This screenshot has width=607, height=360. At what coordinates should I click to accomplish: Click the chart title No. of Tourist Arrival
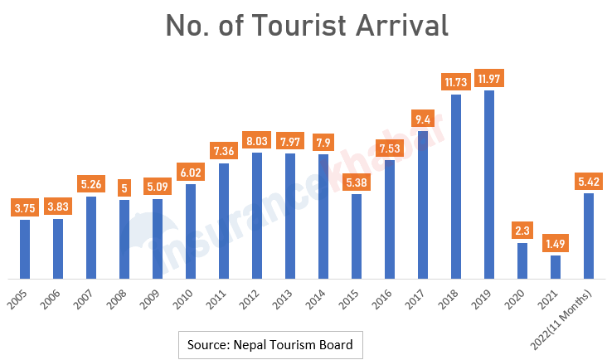point(307,25)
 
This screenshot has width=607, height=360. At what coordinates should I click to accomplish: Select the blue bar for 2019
point(489,184)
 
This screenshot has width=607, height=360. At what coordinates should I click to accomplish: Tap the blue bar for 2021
point(556,266)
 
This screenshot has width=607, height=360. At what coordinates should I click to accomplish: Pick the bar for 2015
point(357,236)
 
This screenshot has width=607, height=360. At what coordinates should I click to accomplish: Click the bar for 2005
point(25,248)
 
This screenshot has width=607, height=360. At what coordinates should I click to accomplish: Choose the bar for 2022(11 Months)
point(589,236)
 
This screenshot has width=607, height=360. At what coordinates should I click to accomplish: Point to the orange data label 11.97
point(489,79)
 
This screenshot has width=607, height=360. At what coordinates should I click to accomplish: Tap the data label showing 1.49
point(556,244)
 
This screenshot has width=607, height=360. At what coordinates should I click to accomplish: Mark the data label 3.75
point(25,208)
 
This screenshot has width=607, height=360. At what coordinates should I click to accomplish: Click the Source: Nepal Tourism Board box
point(270,345)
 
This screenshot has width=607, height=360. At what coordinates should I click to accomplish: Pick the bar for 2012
point(257,215)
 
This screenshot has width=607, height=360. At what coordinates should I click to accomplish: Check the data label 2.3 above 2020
point(522,231)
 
